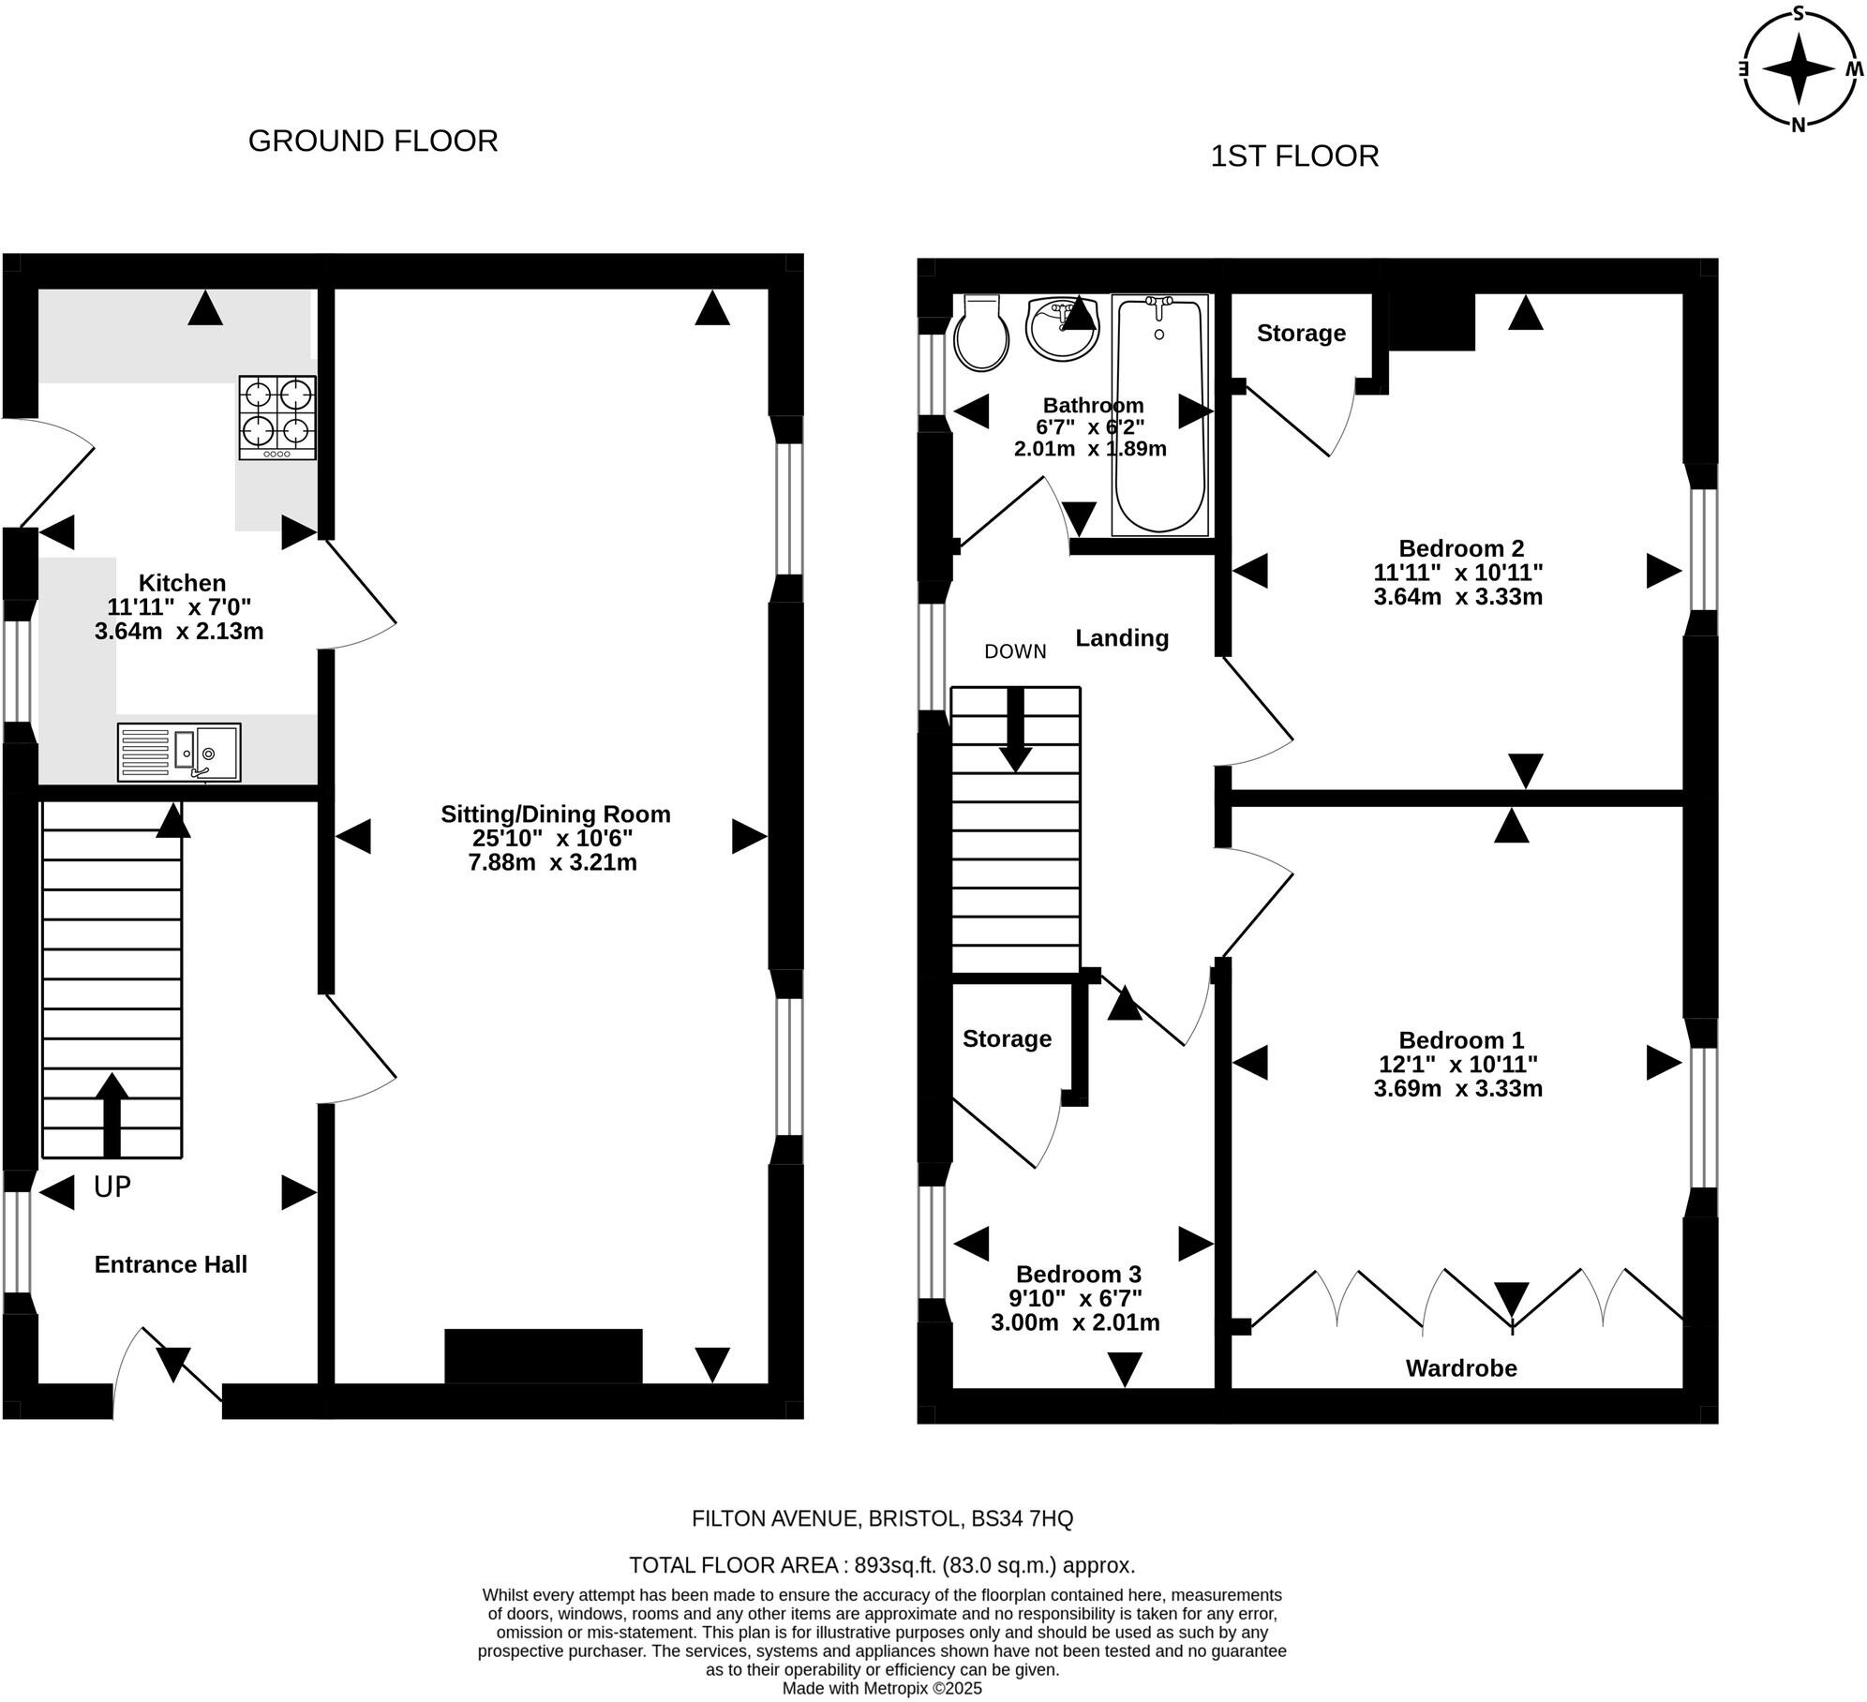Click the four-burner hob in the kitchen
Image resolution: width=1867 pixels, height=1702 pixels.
click(277, 418)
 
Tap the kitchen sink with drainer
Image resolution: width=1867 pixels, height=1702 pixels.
click(179, 752)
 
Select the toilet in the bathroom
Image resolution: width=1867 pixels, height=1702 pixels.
click(981, 333)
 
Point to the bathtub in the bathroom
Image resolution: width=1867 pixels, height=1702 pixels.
click(1159, 415)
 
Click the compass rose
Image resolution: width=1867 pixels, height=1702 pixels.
click(1799, 68)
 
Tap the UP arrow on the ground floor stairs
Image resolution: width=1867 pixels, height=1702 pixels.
click(112, 1114)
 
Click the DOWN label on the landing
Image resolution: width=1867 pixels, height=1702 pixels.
click(1015, 651)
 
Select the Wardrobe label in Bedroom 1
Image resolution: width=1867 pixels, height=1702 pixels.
click(1461, 1368)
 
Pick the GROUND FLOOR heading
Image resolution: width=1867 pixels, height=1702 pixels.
click(373, 141)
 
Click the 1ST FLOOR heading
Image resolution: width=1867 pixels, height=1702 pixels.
click(1294, 156)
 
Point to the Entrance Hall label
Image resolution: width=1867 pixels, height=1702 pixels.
click(171, 1264)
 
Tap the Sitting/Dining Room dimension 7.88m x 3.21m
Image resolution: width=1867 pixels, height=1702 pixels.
click(553, 862)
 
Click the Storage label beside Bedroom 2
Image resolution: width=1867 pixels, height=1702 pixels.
click(1301, 333)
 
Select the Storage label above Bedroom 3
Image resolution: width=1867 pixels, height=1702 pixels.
click(1007, 1038)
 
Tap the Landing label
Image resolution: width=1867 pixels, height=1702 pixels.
click(1122, 638)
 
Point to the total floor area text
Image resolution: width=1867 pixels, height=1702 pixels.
click(882, 1565)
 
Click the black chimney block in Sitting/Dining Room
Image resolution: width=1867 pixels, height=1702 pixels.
click(544, 1356)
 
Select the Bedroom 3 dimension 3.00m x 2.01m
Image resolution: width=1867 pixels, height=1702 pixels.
click(1075, 1322)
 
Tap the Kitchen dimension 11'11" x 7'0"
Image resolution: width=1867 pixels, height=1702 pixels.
click(179, 607)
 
